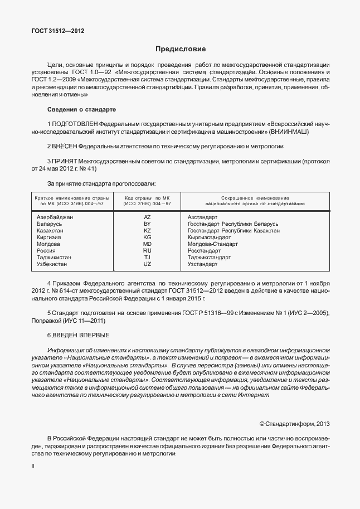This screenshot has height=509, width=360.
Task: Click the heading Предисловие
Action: (180, 49)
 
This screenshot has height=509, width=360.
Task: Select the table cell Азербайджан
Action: (55, 216)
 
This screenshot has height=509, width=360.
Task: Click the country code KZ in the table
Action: (147, 230)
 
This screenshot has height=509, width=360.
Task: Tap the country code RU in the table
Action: (147, 251)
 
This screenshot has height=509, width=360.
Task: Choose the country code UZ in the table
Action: (147, 264)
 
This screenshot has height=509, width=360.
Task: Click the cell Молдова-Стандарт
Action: (213, 244)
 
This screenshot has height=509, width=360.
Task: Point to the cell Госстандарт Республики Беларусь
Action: (233, 224)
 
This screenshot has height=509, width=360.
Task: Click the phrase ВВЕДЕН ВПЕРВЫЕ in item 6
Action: (82, 335)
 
